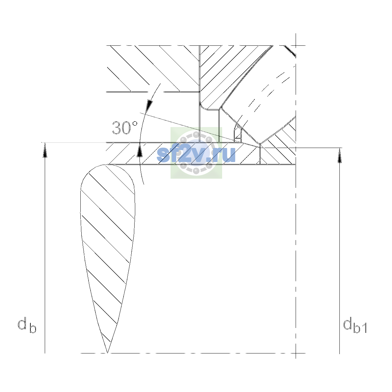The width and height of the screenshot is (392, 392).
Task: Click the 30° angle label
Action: tap(125, 128)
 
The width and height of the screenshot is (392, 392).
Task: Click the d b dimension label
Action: tap(27, 325)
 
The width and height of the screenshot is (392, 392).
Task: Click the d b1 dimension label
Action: tap(355, 326)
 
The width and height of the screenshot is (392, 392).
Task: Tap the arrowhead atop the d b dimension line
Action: tap(45, 150)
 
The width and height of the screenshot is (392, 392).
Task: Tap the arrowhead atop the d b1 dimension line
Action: tap(339, 155)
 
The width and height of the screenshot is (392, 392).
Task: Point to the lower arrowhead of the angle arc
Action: tap(139, 150)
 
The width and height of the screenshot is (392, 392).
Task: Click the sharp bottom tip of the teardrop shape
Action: tap(107, 352)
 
